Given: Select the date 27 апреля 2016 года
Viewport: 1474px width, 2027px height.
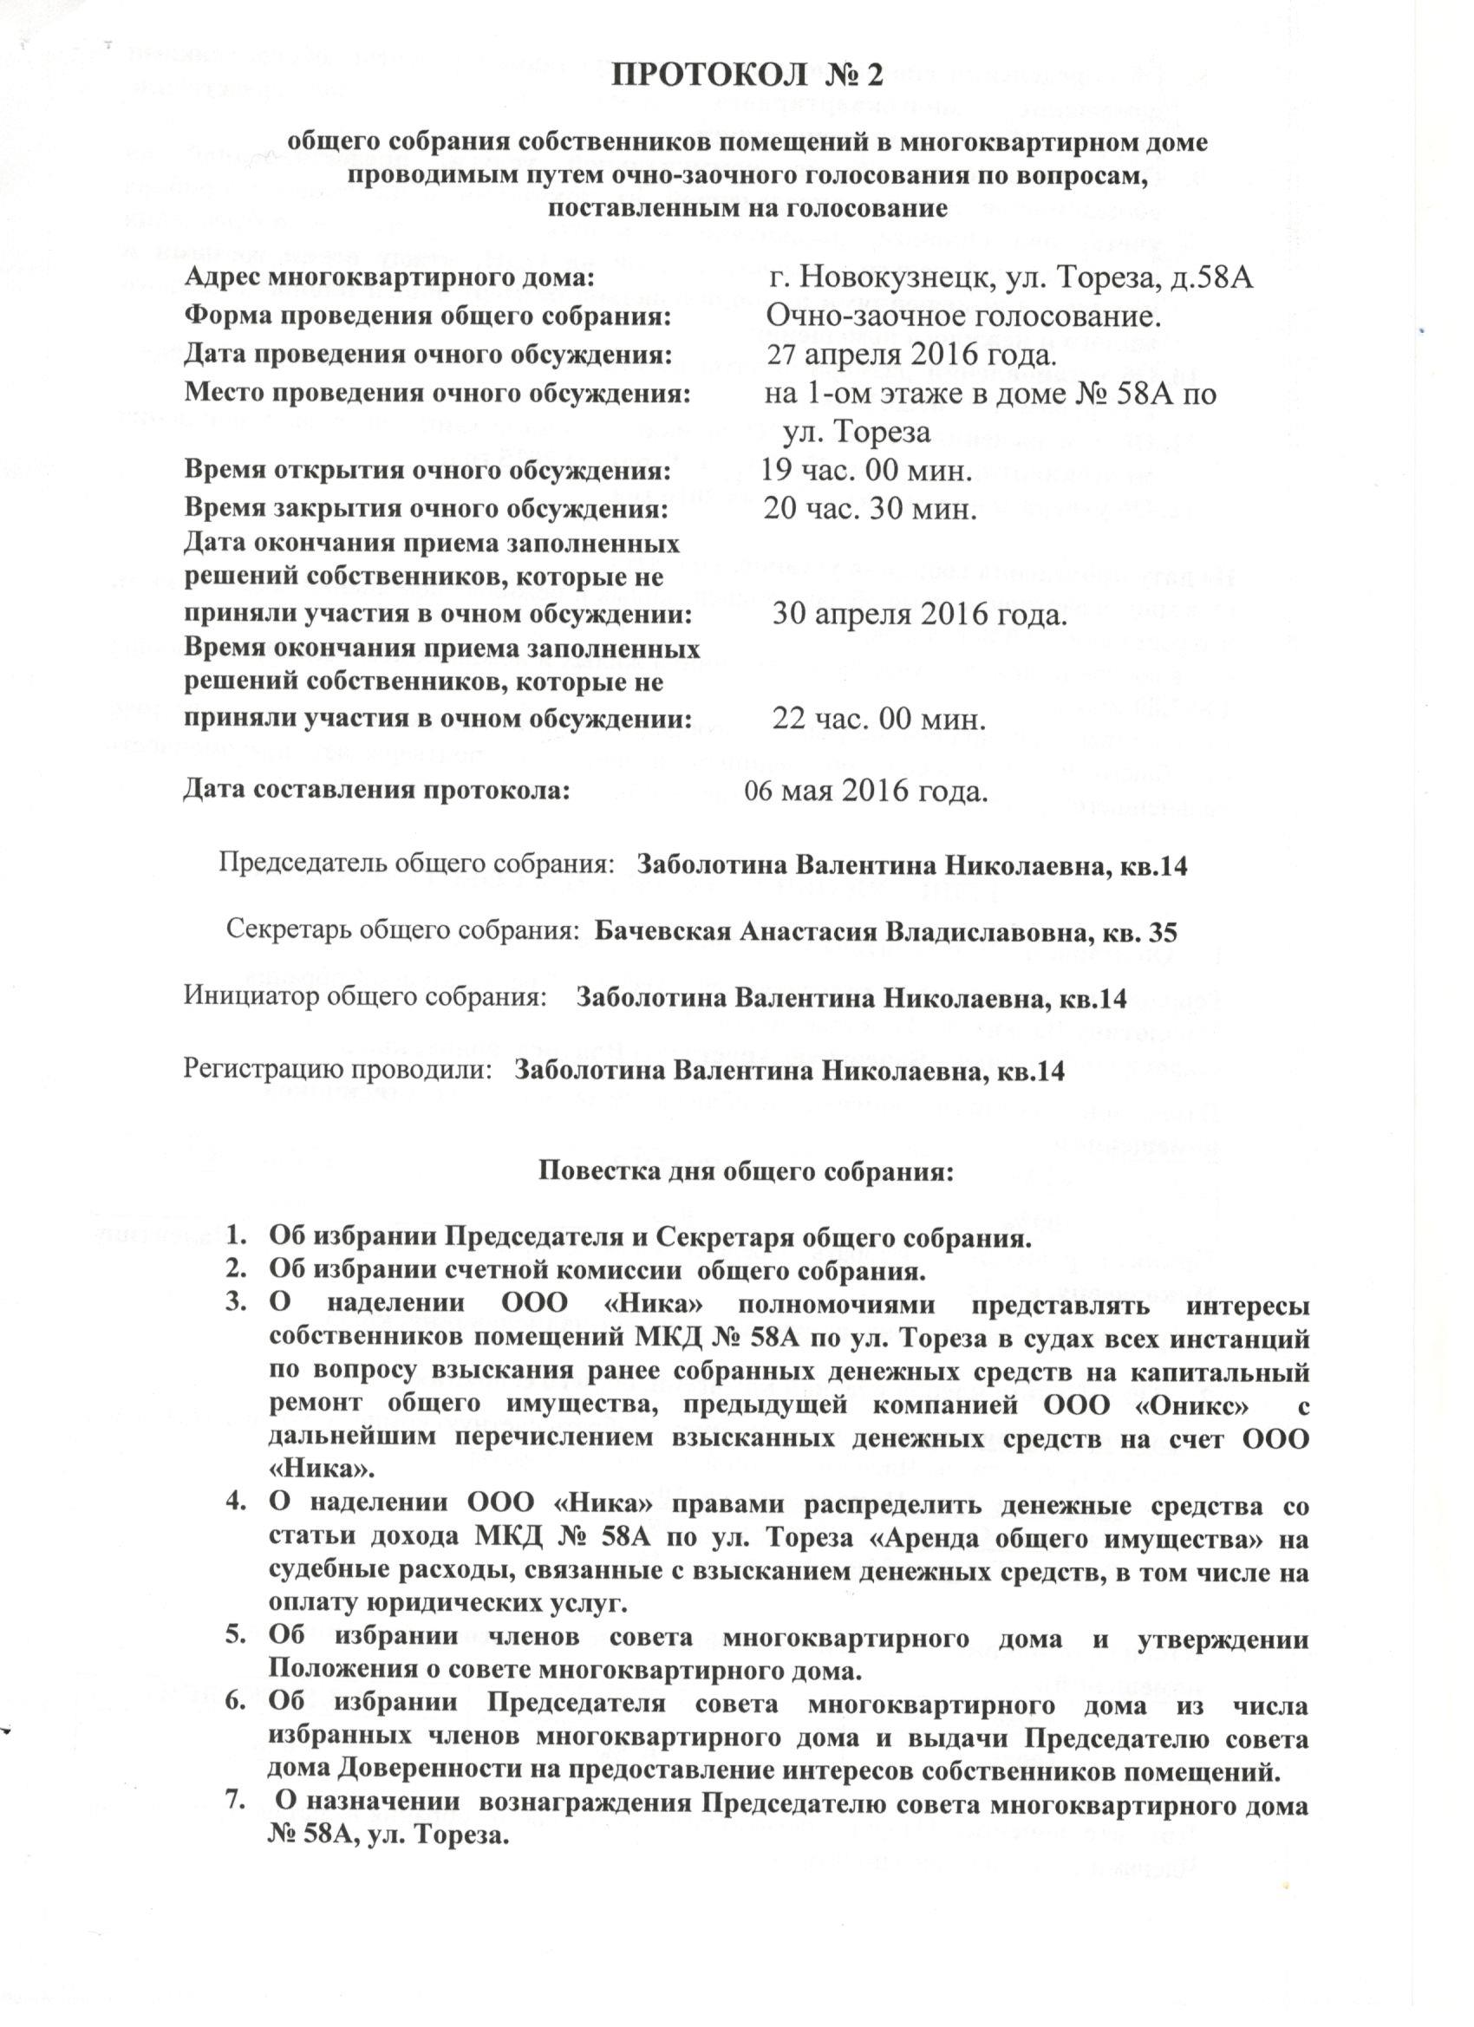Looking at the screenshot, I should pyautogui.click(x=913, y=355).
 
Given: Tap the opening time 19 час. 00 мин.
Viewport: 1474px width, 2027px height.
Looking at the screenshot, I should pyautogui.click(x=865, y=470).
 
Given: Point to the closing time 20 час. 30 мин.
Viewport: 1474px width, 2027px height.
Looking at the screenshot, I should pyautogui.click(x=868, y=510).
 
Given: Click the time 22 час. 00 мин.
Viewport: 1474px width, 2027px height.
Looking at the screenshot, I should pyautogui.click(x=878, y=720).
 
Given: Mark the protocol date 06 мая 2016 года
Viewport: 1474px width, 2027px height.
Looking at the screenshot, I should pyautogui.click(x=865, y=791).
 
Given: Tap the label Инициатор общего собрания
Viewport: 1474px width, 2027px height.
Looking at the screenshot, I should pyautogui.click(x=365, y=996).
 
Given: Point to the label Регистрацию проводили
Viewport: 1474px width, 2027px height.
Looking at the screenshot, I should pyautogui.click(x=339, y=1070).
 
